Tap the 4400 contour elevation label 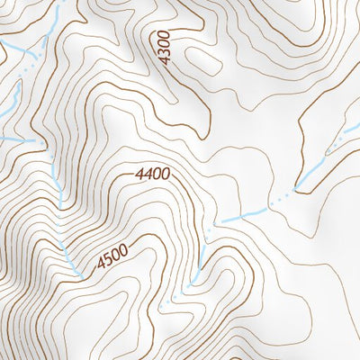155,173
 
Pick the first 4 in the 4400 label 142,173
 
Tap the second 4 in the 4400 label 150,173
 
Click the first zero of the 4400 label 158,173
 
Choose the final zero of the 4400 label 166,173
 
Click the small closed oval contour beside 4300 204,61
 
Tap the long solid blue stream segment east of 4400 243,214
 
